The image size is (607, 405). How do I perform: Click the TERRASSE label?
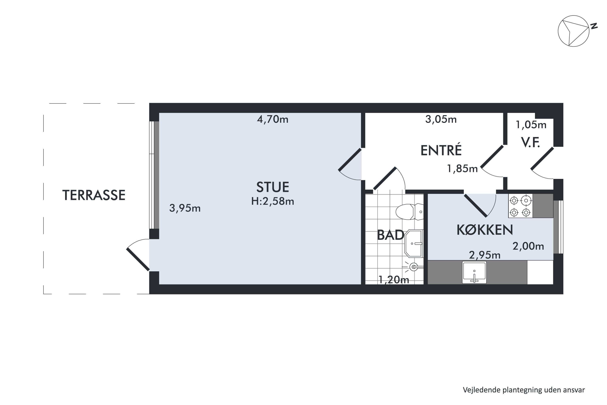[x=94, y=195]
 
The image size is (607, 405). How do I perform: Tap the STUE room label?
[x=273, y=187]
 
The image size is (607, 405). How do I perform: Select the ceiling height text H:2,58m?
[x=273, y=201]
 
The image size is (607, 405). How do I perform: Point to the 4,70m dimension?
[x=273, y=119]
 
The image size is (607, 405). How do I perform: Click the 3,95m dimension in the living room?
[x=185, y=208]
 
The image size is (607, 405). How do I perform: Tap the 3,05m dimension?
[x=441, y=119]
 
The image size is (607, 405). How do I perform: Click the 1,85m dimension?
[x=462, y=169]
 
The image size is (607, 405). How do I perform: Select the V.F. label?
[x=530, y=143]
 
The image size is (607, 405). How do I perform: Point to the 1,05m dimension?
[x=531, y=125]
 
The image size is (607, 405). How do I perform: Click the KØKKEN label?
[x=485, y=230]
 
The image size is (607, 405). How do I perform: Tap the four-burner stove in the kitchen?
[x=520, y=206]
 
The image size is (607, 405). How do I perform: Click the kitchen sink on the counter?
[x=474, y=272]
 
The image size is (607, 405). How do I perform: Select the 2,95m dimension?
[x=485, y=255]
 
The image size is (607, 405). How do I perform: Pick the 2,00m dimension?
[x=528, y=246]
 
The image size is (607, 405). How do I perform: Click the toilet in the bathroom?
[x=409, y=212]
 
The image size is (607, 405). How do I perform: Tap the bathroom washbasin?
[x=414, y=244]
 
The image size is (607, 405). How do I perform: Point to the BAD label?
[x=391, y=235]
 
